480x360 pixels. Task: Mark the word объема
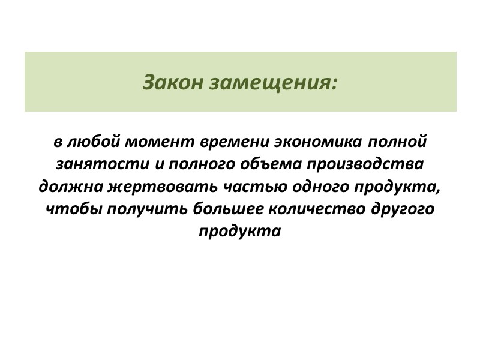pos(257,165)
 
